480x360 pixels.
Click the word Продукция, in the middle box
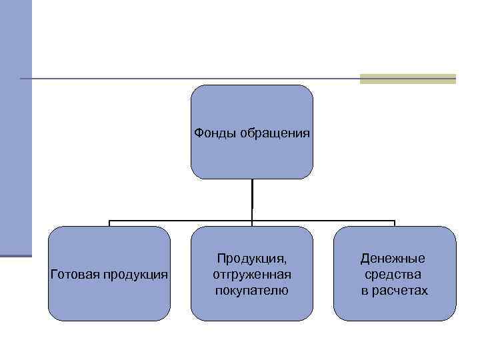(251, 258)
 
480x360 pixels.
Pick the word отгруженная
(251, 274)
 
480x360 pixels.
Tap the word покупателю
(251, 291)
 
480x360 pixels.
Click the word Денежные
(393, 258)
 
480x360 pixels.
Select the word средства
(393, 274)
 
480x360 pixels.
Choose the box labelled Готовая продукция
(109, 300)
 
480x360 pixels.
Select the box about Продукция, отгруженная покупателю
(251, 307)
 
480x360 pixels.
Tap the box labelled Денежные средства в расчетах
(395, 307)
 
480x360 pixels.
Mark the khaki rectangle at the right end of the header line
(407, 79)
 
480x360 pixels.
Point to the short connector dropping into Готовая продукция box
(109, 223)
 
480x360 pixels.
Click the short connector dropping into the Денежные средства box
(395, 223)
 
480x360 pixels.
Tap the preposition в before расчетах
(366, 291)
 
